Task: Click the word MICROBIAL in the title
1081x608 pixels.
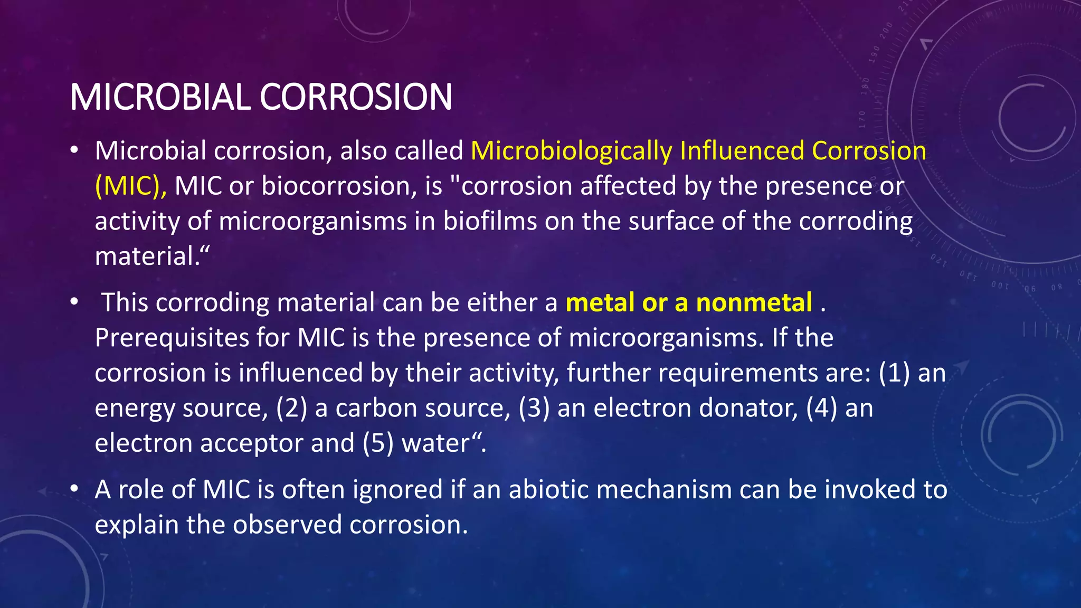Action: (x=160, y=97)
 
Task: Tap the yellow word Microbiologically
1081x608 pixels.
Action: (x=571, y=151)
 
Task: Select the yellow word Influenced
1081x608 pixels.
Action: (x=741, y=151)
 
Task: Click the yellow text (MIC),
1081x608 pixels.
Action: (x=130, y=186)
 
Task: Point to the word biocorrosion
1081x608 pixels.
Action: (x=339, y=186)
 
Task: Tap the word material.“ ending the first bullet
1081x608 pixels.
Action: (x=152, y=256)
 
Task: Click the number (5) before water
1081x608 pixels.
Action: (x=378, y=443)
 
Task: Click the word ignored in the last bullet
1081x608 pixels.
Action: (x=397, y=490)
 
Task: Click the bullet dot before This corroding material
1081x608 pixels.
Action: (x=74, y=301)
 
